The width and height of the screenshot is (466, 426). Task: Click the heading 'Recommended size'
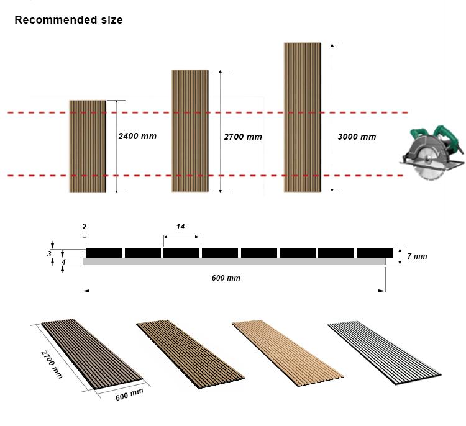(x=68, y=20)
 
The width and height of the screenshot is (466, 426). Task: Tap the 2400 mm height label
(x=137, y=136)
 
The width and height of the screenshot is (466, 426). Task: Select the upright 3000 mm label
(x=357, y=137)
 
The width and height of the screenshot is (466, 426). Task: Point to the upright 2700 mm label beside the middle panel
(x=243, y=137)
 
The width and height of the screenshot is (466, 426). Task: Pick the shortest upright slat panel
(x=88, y=146)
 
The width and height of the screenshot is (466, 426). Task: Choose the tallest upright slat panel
(x=302, y=117)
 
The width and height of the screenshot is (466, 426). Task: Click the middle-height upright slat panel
(x=190, y=130)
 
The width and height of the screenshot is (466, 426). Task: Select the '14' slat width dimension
(x=180, y=227)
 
